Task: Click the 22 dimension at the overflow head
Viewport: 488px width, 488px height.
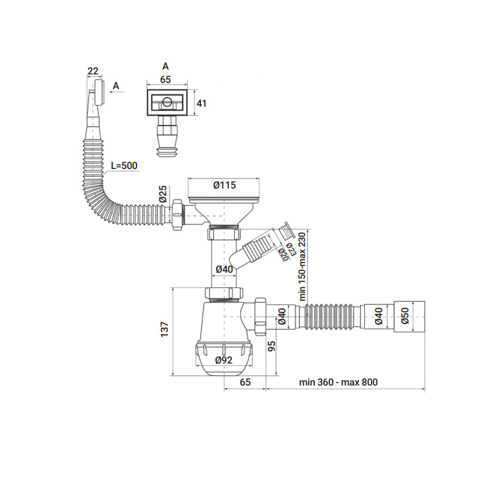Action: (x=93, y=71)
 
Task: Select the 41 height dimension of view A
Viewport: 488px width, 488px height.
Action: (x=201, y=104)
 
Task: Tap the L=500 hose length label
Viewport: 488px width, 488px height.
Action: (x=124, y=166)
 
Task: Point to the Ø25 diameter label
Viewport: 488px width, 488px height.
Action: (x=163, y=195)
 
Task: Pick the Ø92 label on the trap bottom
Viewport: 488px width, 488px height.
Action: (x=224, y=360)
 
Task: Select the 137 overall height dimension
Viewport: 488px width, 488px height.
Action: (x=163, y=330)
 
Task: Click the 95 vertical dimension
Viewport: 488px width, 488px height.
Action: (x=271, y=346)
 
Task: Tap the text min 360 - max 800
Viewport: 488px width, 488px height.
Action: (x=338, y=382)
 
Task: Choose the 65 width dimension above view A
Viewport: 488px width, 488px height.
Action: (x=165, y=79)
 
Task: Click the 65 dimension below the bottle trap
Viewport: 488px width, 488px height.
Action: (x=245, y=382)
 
